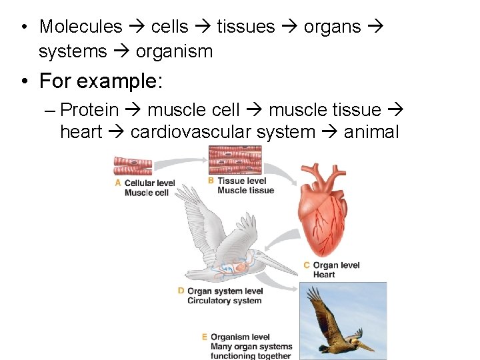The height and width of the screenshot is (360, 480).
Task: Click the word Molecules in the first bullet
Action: [81, 27]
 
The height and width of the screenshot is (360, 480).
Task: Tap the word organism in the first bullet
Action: [174, 51]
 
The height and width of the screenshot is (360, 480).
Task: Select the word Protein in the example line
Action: [89, 110]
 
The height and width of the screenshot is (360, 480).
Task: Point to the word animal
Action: [371, 132]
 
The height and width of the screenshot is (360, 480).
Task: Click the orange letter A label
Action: [118, 183]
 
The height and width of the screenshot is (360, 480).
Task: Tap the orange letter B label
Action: [211, 181]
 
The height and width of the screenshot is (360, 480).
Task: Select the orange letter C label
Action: [307, 265]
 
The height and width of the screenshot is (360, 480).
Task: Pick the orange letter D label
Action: [181, 291]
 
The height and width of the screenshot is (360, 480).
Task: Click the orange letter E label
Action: [205, 337]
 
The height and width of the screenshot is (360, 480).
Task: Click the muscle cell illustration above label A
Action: [133, 165]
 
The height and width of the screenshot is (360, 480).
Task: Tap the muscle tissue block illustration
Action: [235, 160]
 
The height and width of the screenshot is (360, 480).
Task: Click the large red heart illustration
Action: [324, 210]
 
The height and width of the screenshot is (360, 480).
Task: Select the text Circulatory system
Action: [225, 301]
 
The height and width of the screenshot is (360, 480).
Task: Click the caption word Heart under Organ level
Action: [324, 275]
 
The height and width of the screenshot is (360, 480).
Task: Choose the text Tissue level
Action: [241, 181]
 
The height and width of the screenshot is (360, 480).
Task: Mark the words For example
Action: [101, 81]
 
